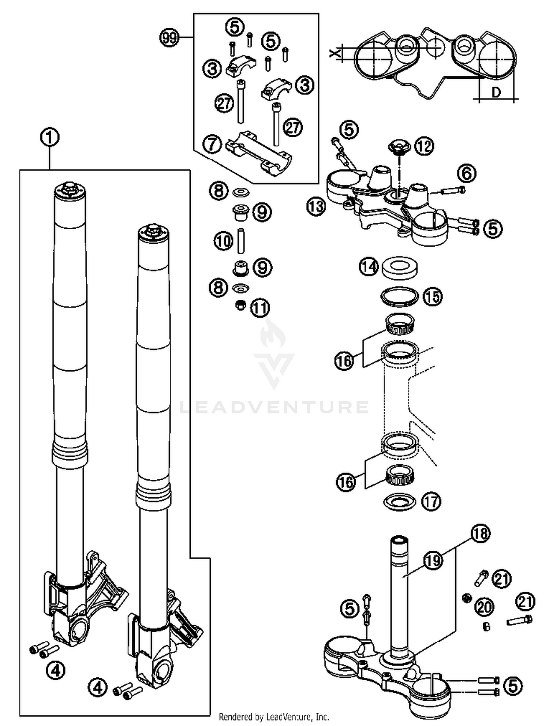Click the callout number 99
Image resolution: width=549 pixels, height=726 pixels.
point(169,38)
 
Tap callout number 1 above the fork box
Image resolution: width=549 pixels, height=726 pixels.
point(49,138)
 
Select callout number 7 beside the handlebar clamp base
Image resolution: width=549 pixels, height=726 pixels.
point(212,144)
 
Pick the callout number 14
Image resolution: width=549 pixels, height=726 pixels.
point(369,267)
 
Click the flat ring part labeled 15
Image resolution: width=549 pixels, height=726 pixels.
point(400,296)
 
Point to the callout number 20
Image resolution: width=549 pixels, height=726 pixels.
point(484,607)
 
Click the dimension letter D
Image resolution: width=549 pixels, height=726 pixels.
point(496,92)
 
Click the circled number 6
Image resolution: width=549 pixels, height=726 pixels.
point(467,173)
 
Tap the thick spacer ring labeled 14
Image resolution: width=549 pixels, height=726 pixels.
point(400,267)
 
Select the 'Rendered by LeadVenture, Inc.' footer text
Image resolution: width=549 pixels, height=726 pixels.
point(274,716)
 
